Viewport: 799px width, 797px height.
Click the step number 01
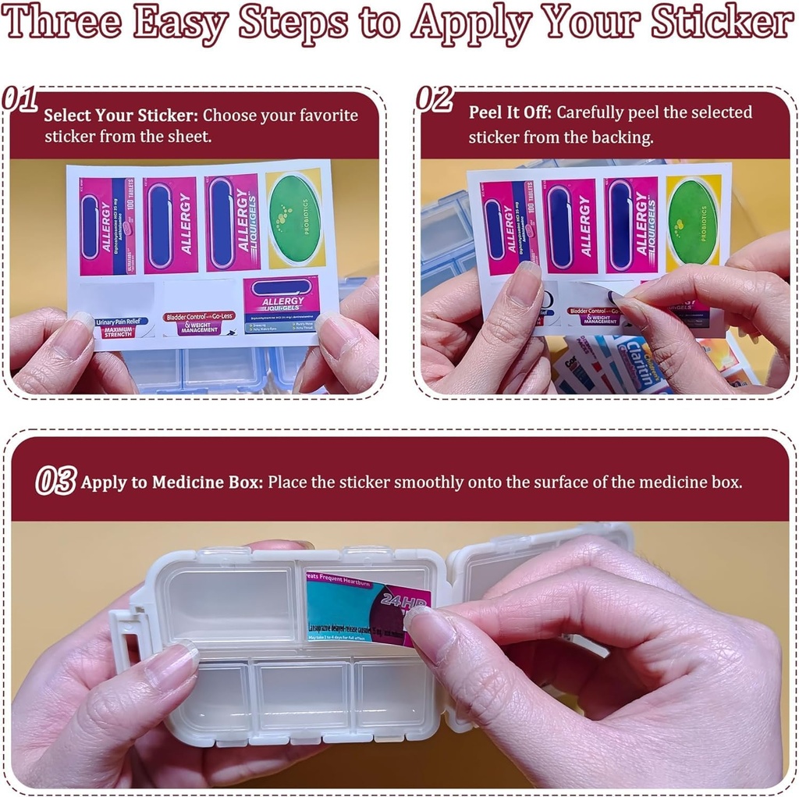click(20, 99)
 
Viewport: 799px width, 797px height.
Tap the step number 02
click(434, 99)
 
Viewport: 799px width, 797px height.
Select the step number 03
click(56, 481)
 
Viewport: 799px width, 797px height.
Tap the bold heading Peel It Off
click(510, 112)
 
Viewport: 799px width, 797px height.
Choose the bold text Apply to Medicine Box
click(172, 482)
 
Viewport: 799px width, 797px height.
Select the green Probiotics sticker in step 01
click(294, 218)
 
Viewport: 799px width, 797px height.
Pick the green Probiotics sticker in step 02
click(692, 221)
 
